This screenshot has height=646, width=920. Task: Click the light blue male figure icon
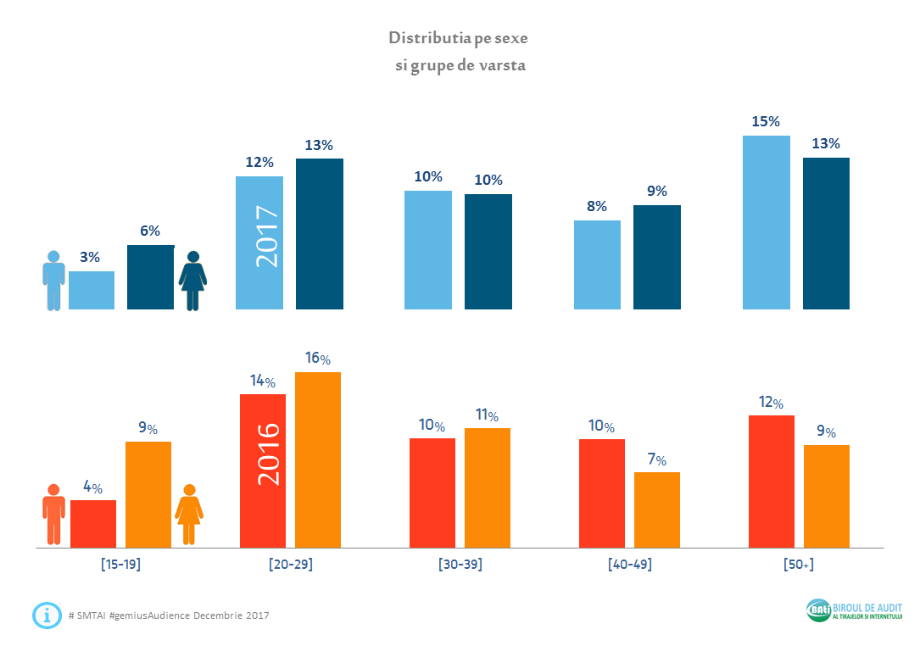(54, 280)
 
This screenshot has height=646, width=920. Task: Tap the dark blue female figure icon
(193, 281)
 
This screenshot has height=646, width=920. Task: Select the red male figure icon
(54, 514)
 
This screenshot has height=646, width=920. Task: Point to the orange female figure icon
(189, 514)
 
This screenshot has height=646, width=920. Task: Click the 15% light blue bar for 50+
(767, 222)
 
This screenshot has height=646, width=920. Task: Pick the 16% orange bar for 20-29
(318, 459)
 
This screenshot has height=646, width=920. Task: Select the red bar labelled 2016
(263, 471)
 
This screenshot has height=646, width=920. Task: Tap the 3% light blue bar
(92, 290)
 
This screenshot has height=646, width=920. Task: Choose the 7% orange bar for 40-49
(657, 510)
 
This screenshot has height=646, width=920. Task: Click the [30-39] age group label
(460, 565)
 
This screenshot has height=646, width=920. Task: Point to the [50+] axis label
(799, 565)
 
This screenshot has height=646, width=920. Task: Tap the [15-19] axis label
(120, 565)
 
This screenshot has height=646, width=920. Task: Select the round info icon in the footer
(47, 615)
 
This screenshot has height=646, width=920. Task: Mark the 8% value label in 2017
(596, 206)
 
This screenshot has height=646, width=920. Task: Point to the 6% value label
(150, 231)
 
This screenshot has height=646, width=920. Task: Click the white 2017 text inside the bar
(267, 237)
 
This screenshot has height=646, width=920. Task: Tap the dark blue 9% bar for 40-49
(657, 257)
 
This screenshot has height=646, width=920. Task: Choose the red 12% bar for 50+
(772, 482)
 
